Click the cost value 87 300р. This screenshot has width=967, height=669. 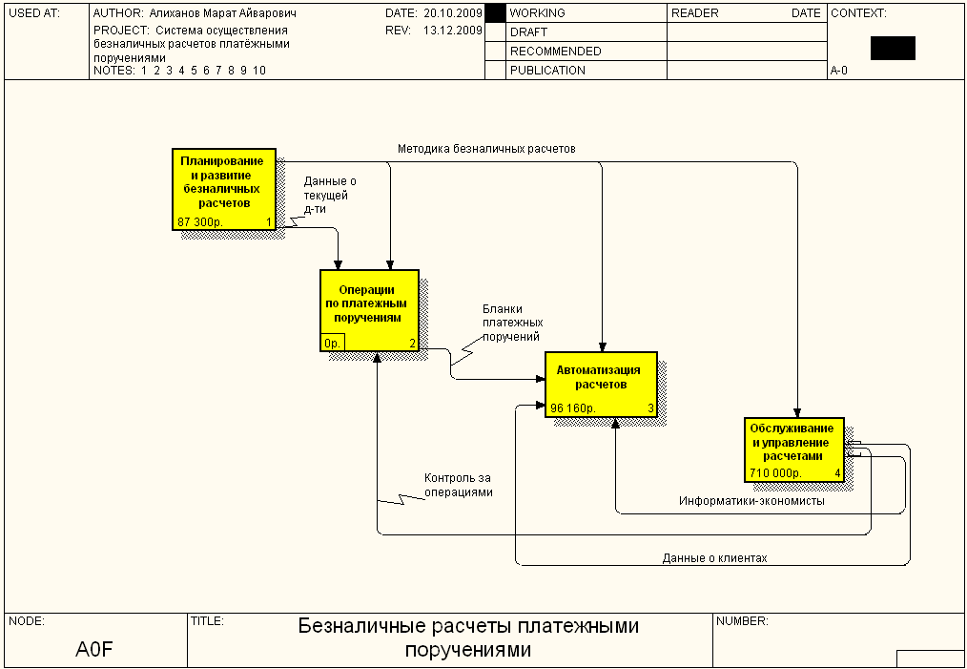click(x=198, y=222)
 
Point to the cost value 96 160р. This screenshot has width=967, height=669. click(x=572, y=408)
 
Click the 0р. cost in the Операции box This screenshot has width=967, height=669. click(x=333, y=343)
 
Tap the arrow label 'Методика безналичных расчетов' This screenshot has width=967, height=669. click(x=486, y=149)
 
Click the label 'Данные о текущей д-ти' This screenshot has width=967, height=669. click(x=330, y=195)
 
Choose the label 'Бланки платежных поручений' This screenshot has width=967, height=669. click(x=512, y=323)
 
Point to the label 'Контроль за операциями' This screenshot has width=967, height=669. click(x=459, y=485)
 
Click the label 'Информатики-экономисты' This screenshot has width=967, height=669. click(x=751, y=500)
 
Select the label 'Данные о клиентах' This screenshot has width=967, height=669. click(x=714, y=558)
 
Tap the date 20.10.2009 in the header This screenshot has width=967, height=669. click(x=452, y=14)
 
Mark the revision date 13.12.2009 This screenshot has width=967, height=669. click(x=452, y=31)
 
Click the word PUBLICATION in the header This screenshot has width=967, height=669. click(x=547, y=71)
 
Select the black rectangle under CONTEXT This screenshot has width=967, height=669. click(x=893, y=49)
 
